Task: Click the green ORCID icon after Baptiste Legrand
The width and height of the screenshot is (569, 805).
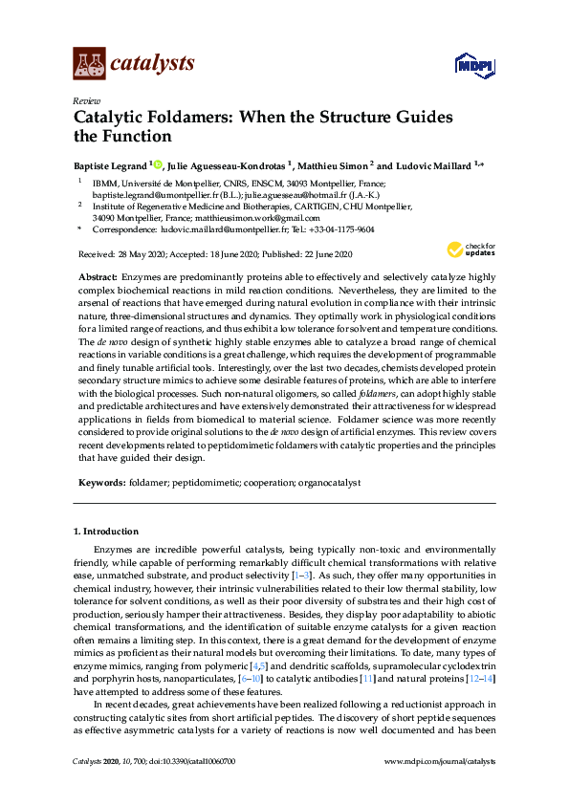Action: click(158, 164)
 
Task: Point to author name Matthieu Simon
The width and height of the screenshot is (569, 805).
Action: click(338, 164)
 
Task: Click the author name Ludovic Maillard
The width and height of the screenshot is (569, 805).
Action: click(429, 164)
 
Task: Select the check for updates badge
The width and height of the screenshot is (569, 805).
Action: click(473, 251)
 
